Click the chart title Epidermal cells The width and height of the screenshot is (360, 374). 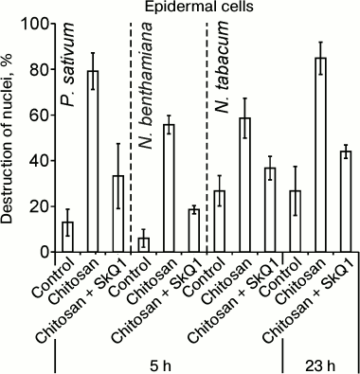(x=194, y=8)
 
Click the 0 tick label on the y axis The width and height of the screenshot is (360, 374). (x=39, y=253)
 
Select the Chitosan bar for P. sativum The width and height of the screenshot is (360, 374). (x=93, y=162)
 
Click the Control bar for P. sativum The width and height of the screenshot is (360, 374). (x=67, y=237)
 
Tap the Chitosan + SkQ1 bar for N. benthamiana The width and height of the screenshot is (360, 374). (x=193, y=231)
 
